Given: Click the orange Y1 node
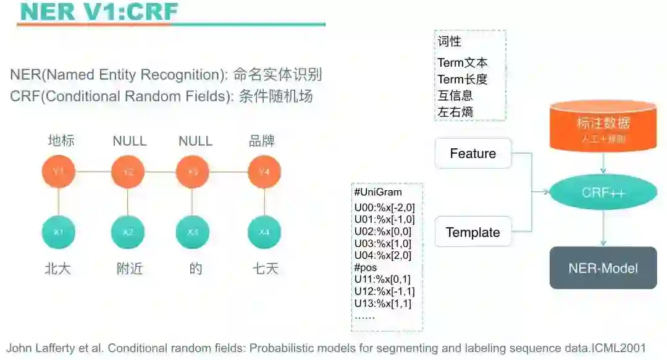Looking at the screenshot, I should coord(59,172).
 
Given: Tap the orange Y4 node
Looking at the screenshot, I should coord(264,172).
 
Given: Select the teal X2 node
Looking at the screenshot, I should coord(128,233).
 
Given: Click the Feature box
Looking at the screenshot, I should coord(473,154).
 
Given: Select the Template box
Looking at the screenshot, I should coord(473,233).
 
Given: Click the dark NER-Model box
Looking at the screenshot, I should coord(603,268).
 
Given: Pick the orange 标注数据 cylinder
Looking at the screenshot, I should coord(603,127).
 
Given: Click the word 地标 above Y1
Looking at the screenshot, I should coord(61,141).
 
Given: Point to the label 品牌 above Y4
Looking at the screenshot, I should coord(262,141).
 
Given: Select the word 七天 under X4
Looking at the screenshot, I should coord(265,269).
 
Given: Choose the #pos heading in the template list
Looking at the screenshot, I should coord(366,268).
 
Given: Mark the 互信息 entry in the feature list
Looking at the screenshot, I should coord(455,96).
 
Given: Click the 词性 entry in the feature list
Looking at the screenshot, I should coord(450,42).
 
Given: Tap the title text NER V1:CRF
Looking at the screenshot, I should coord(99,12).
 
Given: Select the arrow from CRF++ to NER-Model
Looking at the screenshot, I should coord(603,228).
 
